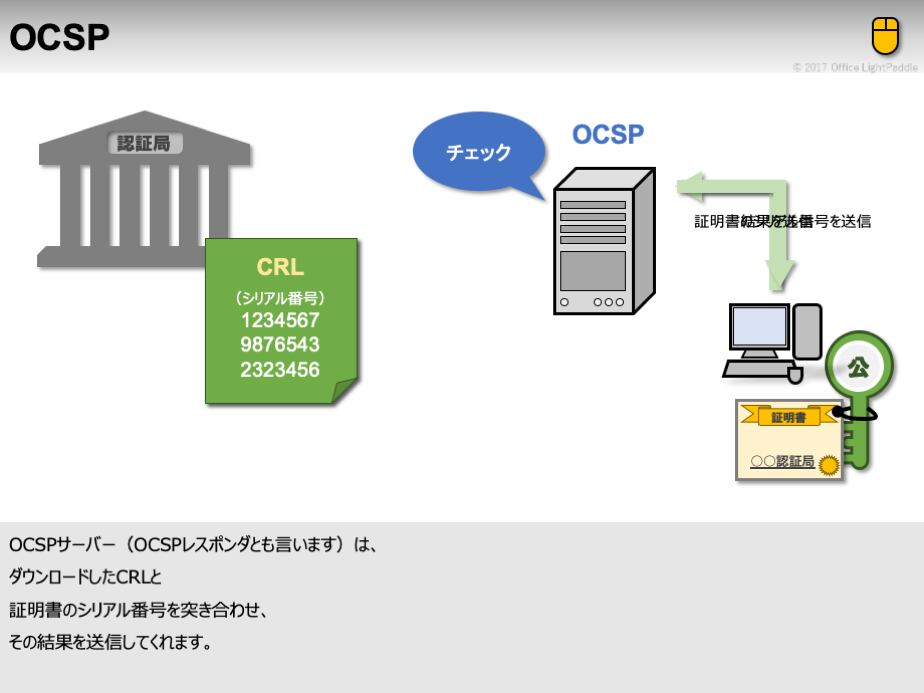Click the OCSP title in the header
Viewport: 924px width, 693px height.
click(x=60, y=37)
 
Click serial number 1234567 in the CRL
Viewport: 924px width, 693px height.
click(x=280, y=320)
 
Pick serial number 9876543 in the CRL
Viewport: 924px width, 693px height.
click(x=280, y=344)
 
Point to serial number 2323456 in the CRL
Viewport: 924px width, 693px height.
click(x=280, y=369)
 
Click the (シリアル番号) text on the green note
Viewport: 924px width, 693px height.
click(x=280, y=297)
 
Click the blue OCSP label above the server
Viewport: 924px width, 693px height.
click(x=608, y=135)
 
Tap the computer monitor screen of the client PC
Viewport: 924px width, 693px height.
click(x=759, y=326)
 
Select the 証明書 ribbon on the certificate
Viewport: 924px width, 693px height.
click(x=789, y=417)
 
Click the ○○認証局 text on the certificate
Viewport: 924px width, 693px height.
click(x=783, y=462)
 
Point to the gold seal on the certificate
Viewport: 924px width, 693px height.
click(x=829, y=464)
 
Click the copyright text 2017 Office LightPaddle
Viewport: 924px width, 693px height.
click(x=855, y=67)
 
